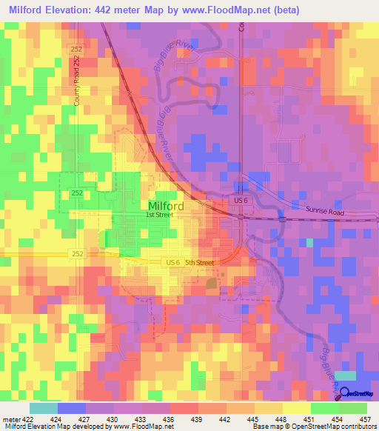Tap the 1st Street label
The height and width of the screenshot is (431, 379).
pyautogui.click(x=159, y=215)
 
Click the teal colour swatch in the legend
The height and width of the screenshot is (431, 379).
pyautogui.click(x=43, y=408)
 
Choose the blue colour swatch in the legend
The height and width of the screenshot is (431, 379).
pyautogui.click(x=72, y=408)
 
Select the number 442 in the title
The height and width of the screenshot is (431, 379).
pyautogui.click(x=136, y=10)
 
